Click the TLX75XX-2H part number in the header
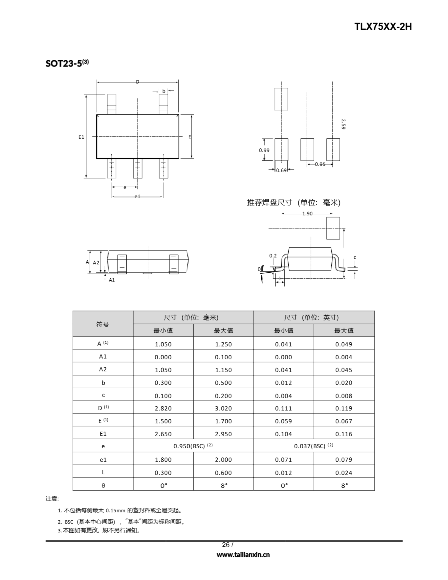point(383,27)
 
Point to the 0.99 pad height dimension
point(264,150)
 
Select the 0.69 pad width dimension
point(281,170)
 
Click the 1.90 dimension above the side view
point(307,213)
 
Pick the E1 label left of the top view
point(81,137)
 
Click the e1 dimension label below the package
point(137,196)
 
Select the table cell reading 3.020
point(223,408)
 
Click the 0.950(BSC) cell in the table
point(193,446)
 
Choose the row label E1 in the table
point(103,434)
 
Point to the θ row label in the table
point(103,486)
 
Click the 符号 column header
point(103,324)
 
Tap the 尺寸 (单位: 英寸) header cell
point(314,317)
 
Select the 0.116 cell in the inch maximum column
point(344,434)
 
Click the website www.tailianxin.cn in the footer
point(243,555)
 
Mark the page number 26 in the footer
point(226,545)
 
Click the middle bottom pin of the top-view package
point(137,169)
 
